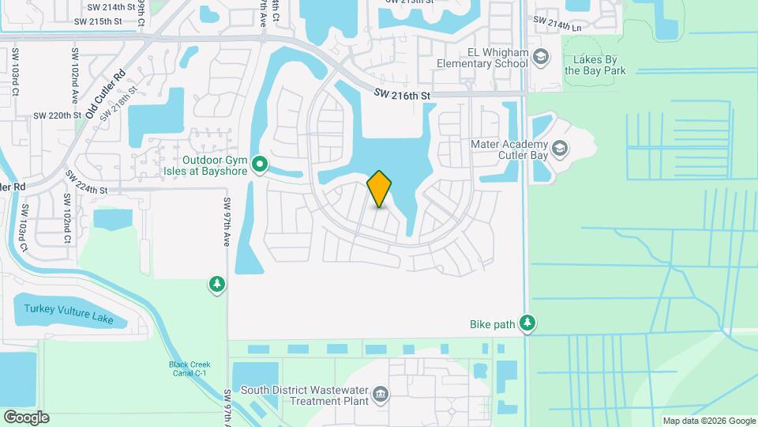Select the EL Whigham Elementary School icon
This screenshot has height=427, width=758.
pos(541,56)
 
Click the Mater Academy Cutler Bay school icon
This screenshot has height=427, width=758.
pos(560,148)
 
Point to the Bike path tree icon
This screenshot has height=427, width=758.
pos(527,323)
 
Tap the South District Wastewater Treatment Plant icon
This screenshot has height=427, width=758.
pos(381,394)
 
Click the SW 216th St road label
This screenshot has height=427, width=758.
pos(402,96)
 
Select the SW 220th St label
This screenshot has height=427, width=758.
pos(57,115)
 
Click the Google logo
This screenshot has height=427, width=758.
pos(26,417)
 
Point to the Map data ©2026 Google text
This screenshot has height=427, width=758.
pos(708,421)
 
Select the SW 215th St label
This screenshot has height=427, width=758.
pos(98,21)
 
